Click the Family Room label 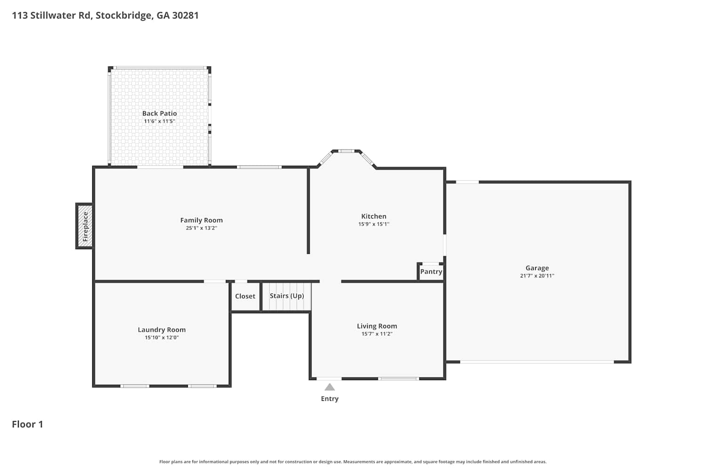coord(201,220)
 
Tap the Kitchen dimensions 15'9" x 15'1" coord(374,224)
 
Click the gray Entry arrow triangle coord(329,387)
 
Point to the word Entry coord(329,399)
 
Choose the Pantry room coord(431,272)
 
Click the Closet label coord(245,296)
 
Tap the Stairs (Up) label coord(287,296)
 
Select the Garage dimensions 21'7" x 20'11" coord(537,276)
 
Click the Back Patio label coord(160,113)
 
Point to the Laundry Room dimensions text coord(162,338)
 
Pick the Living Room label coord(377,326)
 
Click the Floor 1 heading coord(27,424)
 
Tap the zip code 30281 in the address coord(185,16)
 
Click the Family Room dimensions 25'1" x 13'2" coord(201,228)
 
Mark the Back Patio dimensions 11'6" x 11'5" coord(160,122)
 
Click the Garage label coord(537,268)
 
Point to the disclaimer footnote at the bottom coord(353,462)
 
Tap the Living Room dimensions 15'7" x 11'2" coord(377,334)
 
